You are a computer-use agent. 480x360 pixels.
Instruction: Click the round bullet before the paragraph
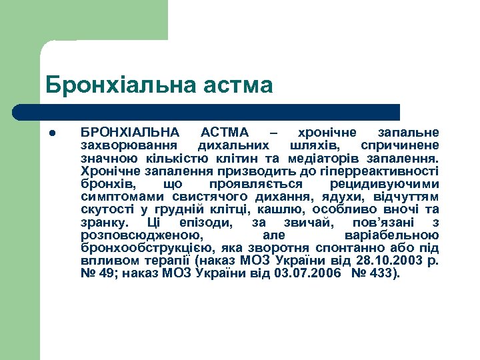(53, 133)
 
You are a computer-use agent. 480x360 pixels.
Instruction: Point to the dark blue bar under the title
(220, 112)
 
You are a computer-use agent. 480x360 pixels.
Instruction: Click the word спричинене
(399, 145)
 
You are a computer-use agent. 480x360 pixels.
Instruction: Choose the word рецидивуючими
(394, 183)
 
